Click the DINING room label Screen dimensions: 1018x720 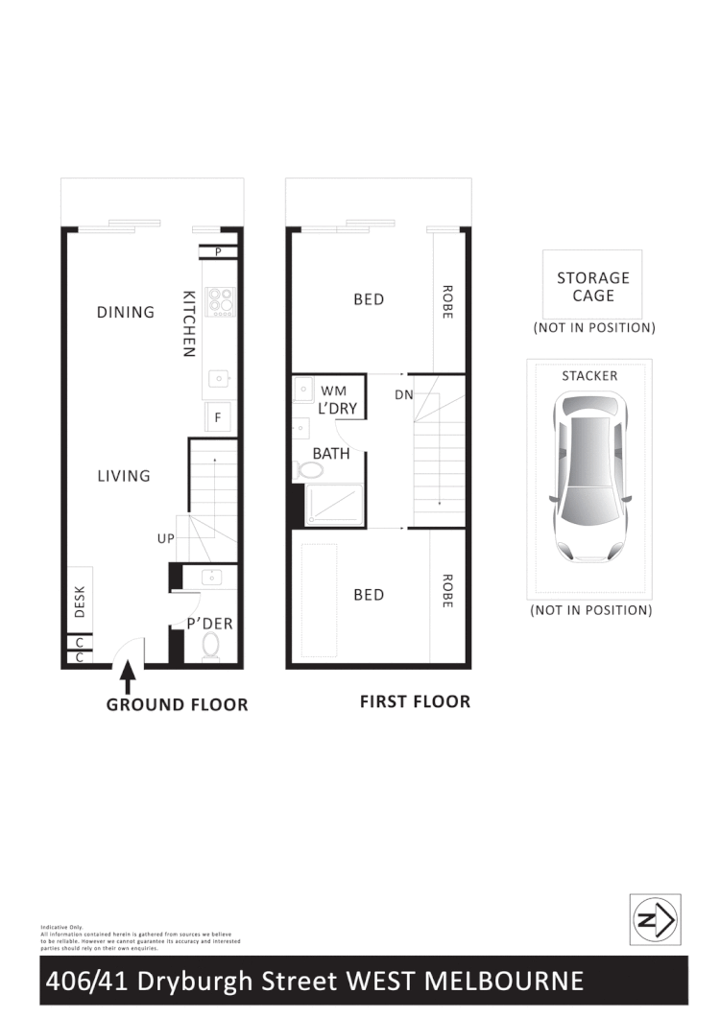pos(125,312)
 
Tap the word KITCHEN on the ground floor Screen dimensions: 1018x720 pos(189,323)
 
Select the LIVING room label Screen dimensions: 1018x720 pos(124,476)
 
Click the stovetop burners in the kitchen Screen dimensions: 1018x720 pos(223,301)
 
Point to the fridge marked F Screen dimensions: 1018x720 pos(219,417)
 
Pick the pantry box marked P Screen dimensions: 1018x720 pos(219,252)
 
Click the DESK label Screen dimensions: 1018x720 pos(80,602)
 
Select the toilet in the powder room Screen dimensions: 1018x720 pos(211,648)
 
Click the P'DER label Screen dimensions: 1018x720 pos(210,624)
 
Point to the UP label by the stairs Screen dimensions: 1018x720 pos(165,539)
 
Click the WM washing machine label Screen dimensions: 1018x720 pos(333,391)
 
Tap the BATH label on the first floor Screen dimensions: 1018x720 pos(330,453)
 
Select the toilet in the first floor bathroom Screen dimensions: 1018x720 pos(310,470)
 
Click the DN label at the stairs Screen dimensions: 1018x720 pos(403,393)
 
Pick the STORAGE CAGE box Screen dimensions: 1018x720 pos(592,286)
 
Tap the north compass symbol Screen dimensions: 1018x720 pos(655,919)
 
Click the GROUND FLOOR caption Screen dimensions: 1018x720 pos(177,705)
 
